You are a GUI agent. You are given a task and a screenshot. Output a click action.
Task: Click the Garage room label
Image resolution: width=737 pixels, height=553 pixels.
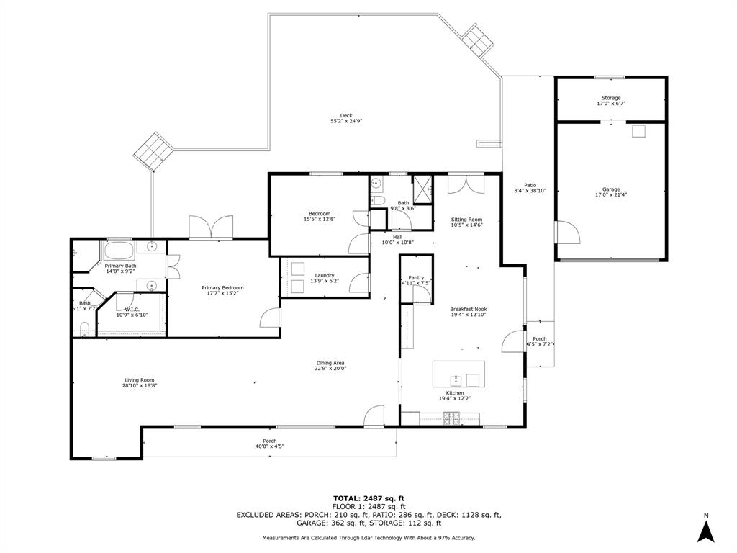[611, 189]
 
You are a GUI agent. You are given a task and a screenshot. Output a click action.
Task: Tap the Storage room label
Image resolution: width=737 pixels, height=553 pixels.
[611, 98]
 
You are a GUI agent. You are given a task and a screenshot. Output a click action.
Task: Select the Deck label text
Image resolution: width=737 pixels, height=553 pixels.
[346, 115]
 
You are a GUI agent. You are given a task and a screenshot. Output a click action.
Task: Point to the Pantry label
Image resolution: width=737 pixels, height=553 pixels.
[416, 277]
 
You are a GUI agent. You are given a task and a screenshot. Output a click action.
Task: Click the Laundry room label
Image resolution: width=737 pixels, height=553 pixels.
[324, 275]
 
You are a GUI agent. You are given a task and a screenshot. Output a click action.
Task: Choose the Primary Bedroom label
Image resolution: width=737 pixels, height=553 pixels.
[222, 288]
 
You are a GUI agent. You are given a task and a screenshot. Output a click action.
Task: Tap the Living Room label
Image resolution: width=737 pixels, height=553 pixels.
[139, 380]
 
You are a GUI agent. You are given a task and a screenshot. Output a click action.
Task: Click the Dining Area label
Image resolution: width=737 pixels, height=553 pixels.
[330, 363]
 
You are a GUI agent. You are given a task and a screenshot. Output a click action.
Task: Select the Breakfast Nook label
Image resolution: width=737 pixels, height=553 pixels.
[469, 309]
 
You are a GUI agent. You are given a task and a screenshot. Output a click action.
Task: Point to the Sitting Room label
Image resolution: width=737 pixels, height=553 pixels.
[466, 220]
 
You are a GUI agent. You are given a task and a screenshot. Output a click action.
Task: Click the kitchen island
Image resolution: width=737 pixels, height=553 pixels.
[458, 374]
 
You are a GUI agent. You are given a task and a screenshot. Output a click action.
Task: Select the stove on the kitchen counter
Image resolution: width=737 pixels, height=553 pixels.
[451, 417]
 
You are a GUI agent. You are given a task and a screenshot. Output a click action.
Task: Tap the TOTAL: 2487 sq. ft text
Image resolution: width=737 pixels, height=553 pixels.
[368, 498]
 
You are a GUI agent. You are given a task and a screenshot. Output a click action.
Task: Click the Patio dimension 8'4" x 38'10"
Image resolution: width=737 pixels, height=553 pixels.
[530, 191]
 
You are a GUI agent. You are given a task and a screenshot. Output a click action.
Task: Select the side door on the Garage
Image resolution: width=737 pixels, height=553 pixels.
[565, 233]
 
